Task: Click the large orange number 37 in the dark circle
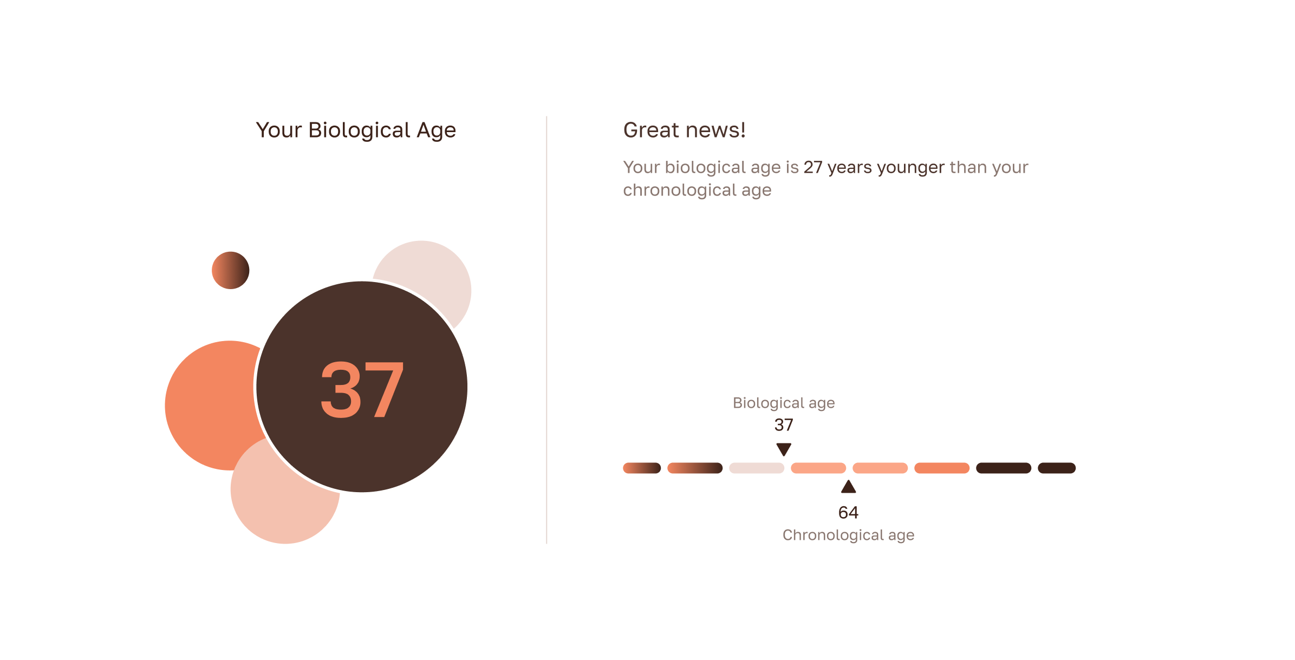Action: pyautogui.click(x=362, y=390)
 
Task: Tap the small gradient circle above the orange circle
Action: pyautogui.click(x=230, y=270)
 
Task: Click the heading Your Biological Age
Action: pyautogui.click(x=356, y=130)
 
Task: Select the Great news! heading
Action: pyautogui.click(x=684, y=130)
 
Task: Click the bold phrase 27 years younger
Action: pyautogui.click(x=874, y=167)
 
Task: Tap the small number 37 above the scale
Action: pyautogui.click(x=783, y=425)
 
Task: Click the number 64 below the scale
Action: pyautogui.click(x=848, y=513)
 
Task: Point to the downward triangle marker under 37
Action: pyautogui.click(x=784, y=449)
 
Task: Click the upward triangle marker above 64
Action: pyautogui.click(x=848, y=487)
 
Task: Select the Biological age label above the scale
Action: pyautogui.click(x=783, y=403)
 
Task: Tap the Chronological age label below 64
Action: pyautogui.click(x=848, y=535)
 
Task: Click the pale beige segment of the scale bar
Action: pyautogui.click(x=757, y=468)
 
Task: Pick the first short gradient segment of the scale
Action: pyautogui.click(x=642, y=468)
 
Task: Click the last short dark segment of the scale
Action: pyautogui.click(x=1056, y=468)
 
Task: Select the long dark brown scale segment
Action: pyautogui.click(x=1003, y=468)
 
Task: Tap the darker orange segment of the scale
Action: pyautogui.click(x=941, y=468)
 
